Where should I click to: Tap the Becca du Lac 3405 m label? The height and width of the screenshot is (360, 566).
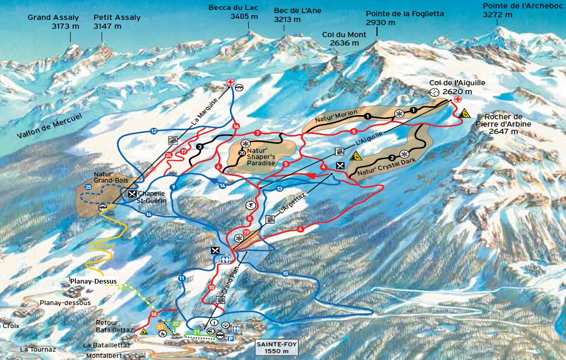point(233,12)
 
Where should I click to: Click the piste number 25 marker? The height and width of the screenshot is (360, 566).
point(88,187)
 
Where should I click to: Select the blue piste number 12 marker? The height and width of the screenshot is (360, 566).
point(153,131)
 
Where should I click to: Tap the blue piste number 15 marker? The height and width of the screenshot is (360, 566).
point(285,273)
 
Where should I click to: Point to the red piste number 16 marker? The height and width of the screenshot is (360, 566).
point(236,126)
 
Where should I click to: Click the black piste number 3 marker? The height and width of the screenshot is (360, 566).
point(199,147)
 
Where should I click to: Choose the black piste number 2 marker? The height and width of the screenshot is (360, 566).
point(391,157)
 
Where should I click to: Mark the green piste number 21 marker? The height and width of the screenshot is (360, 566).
point(196,332)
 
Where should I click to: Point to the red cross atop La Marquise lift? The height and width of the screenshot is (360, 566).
point(229,82)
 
